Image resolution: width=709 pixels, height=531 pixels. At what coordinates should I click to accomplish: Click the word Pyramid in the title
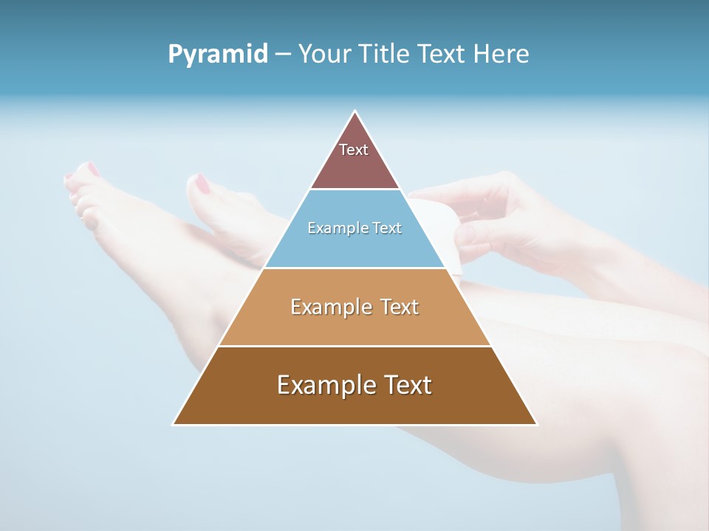tap(218, 55)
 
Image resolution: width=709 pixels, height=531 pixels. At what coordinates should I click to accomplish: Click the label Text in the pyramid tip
tap(354, 150)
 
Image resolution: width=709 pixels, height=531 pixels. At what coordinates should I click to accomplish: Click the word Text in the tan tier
tap(400, 307)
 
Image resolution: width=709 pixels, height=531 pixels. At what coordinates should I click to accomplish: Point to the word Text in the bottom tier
tap(405, 385)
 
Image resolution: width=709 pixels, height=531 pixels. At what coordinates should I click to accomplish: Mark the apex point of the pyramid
tap(355, 111)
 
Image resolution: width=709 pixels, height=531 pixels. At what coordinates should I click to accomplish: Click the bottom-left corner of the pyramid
tap(174, 424)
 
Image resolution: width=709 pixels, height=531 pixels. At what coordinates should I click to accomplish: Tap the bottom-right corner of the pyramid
tap(536, 424)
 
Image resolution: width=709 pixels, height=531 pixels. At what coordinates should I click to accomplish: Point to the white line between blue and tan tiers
tap(354, 268)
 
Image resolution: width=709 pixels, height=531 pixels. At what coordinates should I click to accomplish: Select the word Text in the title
tap(443, 55)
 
